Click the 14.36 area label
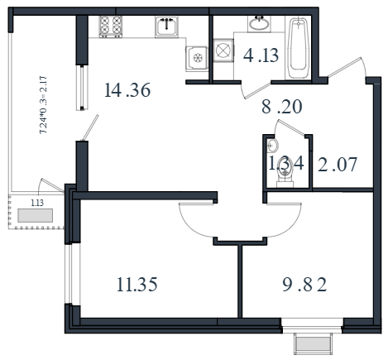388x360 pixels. (127, 90)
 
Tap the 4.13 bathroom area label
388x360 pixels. (261, 55)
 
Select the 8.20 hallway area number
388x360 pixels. (281, 107)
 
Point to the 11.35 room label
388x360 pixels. (137, 285)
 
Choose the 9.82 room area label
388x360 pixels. (304, 285)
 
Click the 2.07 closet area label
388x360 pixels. (338, 165)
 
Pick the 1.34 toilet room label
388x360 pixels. (286, 163)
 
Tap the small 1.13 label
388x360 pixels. (37, 203)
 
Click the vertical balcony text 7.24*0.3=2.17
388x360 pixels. (44, 105)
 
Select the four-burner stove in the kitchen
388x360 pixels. (111, 26)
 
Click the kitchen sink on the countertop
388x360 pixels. (166, 26)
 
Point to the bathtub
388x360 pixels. (298, 49)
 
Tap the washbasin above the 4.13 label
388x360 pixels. (259, 24)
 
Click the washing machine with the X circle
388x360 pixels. (223, 50)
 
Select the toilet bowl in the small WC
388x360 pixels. (285, 175)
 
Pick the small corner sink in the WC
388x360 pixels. (272, 146)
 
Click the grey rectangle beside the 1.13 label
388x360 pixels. (35, 215)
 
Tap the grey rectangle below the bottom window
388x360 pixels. (313, 344)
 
